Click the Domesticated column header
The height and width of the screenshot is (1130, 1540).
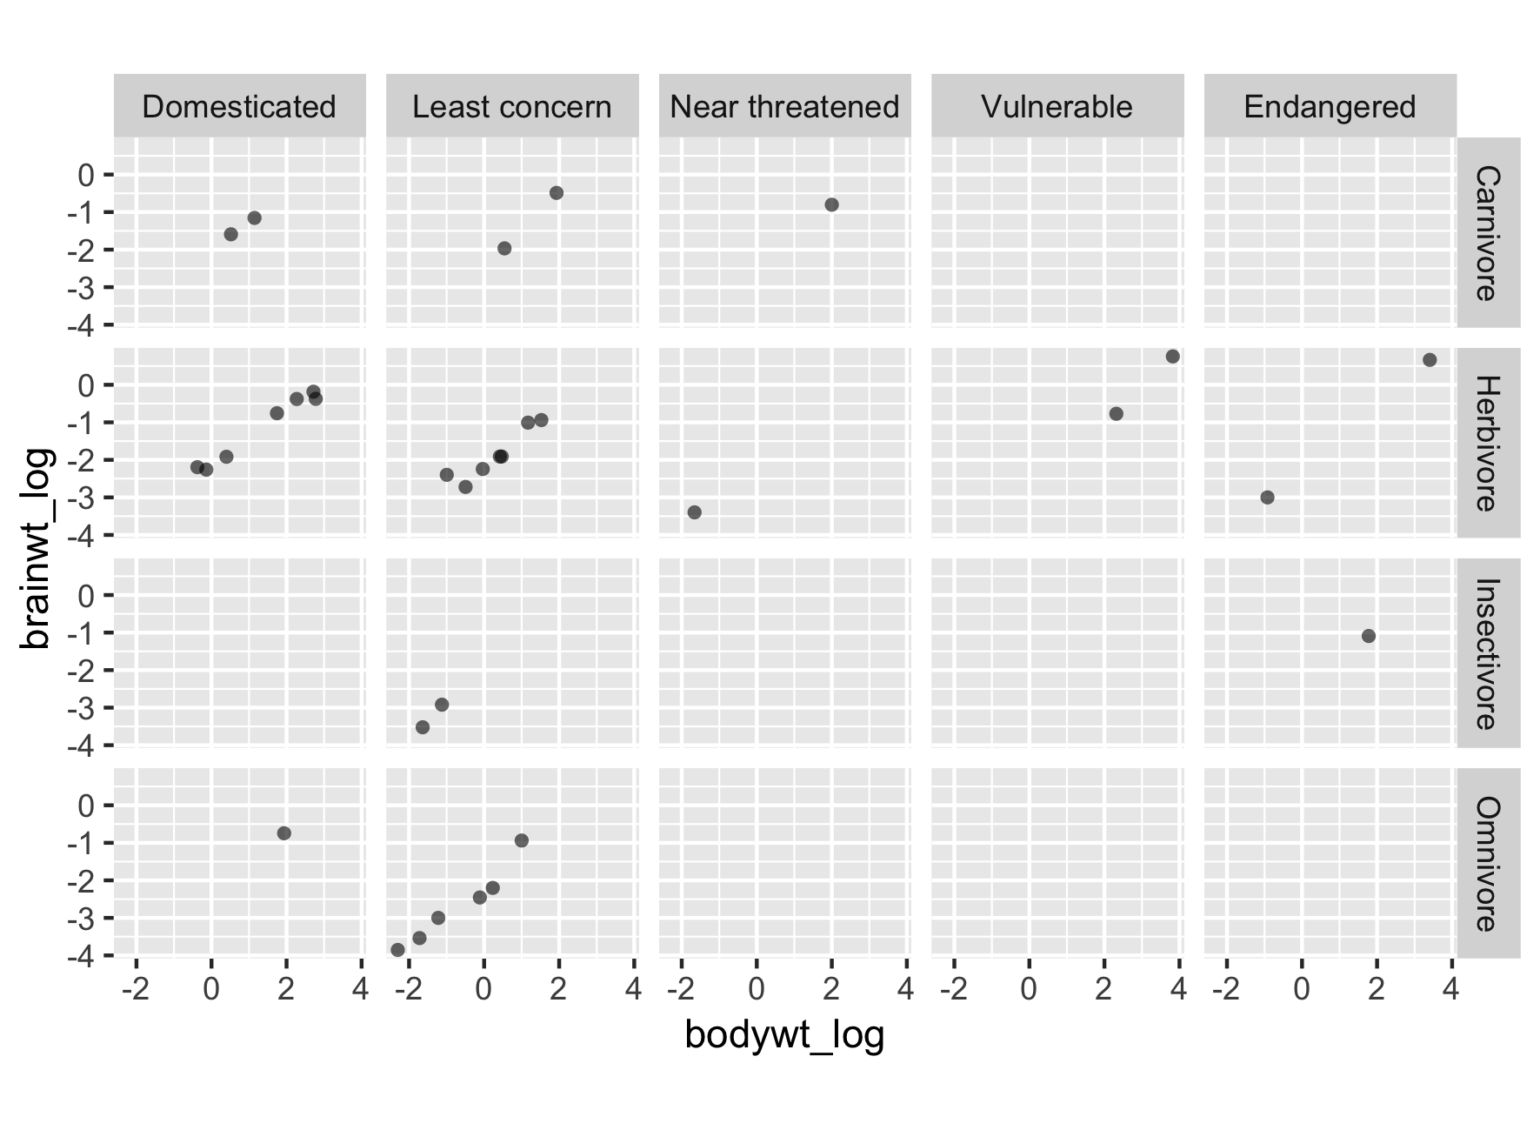239,107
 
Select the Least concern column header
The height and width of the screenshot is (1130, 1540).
511,107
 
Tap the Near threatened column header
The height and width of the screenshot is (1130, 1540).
784,107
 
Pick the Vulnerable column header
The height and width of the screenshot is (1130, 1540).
1057,107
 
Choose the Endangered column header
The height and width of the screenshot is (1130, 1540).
1330,107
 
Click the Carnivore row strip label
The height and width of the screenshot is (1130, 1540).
1488,232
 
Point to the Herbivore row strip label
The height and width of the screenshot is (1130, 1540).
1488,443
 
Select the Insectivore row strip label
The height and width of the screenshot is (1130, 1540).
1488,653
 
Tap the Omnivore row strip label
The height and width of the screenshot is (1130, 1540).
1488,864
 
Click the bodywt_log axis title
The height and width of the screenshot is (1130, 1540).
784,1035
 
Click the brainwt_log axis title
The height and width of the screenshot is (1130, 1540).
38,548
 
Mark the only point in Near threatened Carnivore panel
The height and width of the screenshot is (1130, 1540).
831,205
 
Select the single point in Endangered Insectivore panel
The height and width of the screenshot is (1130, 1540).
1368,636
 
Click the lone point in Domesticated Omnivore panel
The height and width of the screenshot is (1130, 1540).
283,833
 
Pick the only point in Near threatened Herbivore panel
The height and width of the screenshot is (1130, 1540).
694,512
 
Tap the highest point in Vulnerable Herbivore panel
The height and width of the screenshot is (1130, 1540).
1172,357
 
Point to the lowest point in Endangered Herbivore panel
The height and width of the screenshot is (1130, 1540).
1267,498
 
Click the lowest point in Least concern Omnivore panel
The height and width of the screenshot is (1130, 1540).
397,950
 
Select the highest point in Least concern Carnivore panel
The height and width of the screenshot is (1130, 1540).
557,193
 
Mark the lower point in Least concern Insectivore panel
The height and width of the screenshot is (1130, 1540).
423,727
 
